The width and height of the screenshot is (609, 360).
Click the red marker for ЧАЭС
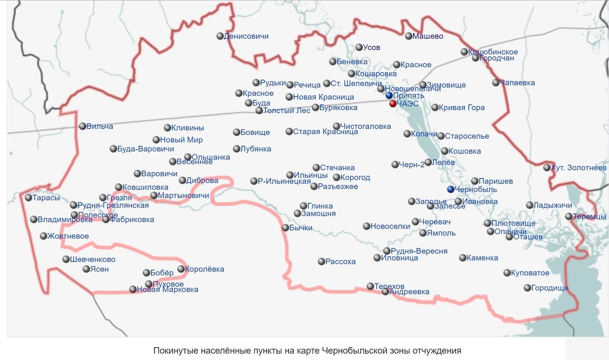393,104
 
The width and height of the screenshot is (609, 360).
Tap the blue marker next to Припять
389,95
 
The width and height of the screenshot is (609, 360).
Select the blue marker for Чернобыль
450,189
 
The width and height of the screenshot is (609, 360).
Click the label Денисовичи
246,36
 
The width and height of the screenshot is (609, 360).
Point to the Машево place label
428,36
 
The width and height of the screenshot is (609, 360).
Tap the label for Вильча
100,127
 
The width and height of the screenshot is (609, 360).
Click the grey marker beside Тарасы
29,198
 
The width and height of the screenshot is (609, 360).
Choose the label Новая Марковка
168,290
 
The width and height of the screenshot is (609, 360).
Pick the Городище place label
549,288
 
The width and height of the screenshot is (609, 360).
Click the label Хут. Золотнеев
579,168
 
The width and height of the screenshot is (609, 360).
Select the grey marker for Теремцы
569,216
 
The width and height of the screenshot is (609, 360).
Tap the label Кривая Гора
461,108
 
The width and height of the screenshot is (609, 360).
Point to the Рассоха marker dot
321,262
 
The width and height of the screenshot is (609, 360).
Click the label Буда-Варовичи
145,149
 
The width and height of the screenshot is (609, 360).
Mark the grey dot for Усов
359,47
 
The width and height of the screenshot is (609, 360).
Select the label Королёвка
204,269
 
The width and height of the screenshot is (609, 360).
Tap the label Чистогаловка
366,127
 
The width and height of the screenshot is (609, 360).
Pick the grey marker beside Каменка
463,258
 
